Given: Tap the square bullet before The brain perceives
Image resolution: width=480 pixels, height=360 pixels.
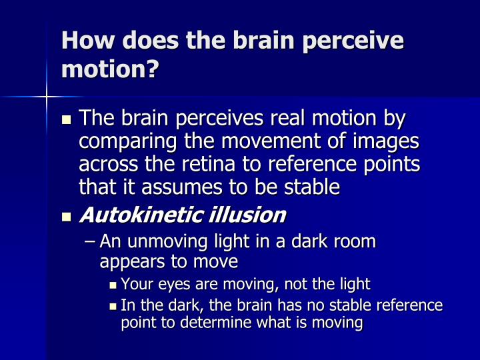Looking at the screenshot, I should (65, 120).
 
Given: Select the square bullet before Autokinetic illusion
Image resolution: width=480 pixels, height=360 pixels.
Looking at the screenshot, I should (65, 216).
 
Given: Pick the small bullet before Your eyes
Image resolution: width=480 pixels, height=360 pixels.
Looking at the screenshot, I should (113, 285).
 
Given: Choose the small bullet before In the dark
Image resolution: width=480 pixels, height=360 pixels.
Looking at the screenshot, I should (113, 306).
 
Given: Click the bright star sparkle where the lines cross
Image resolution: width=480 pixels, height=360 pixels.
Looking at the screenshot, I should (47, 97).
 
